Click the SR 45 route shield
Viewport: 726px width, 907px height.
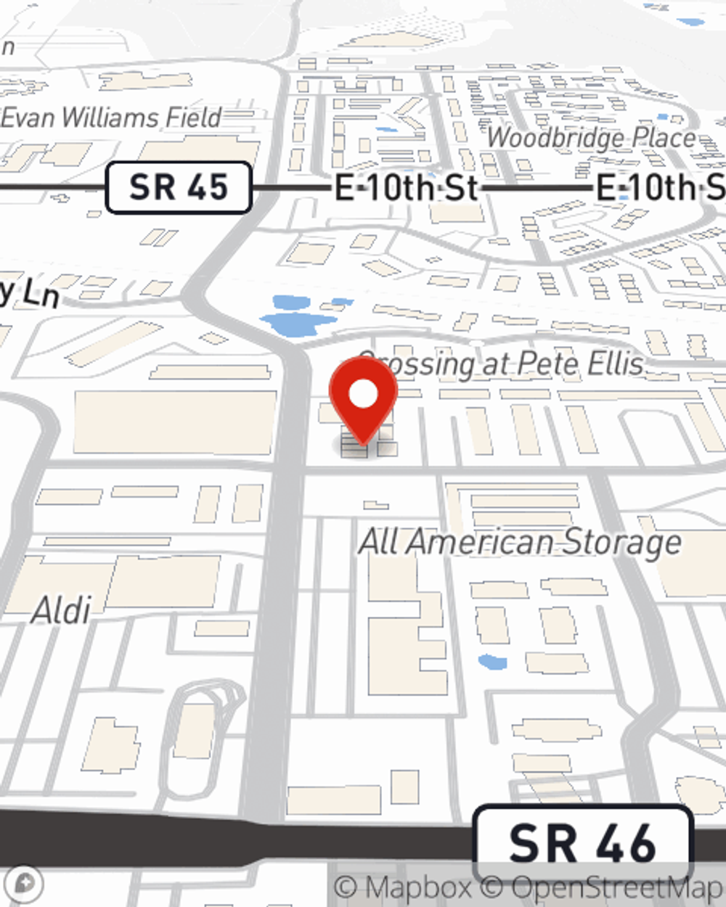point(179,187)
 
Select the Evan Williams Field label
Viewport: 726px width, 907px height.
point(111,118)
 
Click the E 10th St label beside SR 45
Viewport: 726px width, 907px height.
point(406,189)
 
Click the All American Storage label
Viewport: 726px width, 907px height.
point(520,542)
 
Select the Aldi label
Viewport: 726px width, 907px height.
point(62,610)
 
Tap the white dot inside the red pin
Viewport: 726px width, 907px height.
point(363,394)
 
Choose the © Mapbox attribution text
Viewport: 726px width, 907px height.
point(403,887)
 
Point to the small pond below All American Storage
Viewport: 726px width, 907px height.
point(493,662)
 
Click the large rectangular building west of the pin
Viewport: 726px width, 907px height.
point(175,423)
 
